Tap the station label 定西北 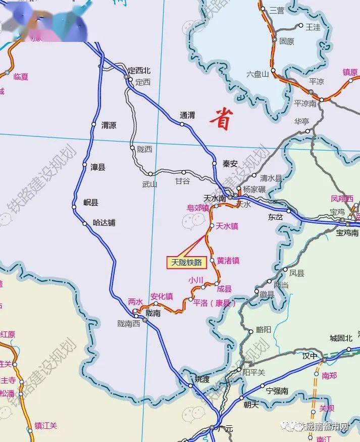(x=139, y=71)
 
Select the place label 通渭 (x=187, y=115)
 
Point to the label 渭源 (x=109, y=125)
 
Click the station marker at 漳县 (x=85, y=165)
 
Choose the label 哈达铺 (x=105, y=222)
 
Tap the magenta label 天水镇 (x=227, y=226)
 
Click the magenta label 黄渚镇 (x=228, y=261)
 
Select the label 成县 (x=224, y=289)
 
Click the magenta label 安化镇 (x=162, y=297)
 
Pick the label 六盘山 (x=258, y=74)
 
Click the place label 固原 (x=286, y=42)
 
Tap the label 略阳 (x=264, y=329)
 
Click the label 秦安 (x=230, y=163)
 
